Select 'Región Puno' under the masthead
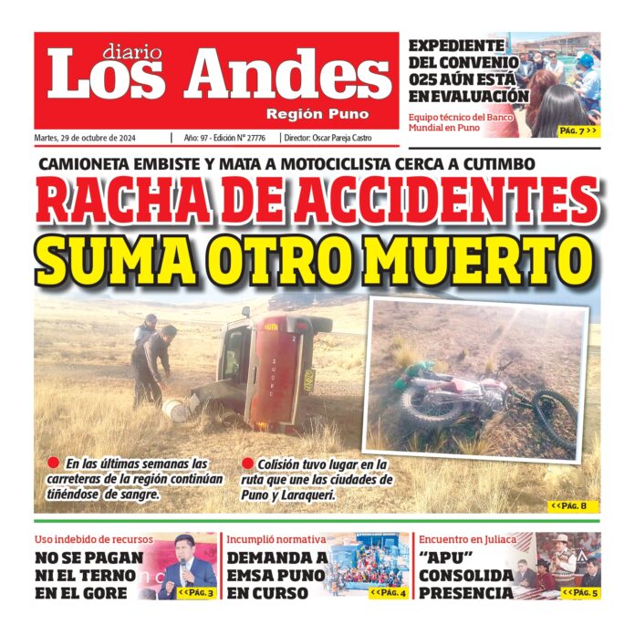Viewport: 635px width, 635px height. pos(317,114)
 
